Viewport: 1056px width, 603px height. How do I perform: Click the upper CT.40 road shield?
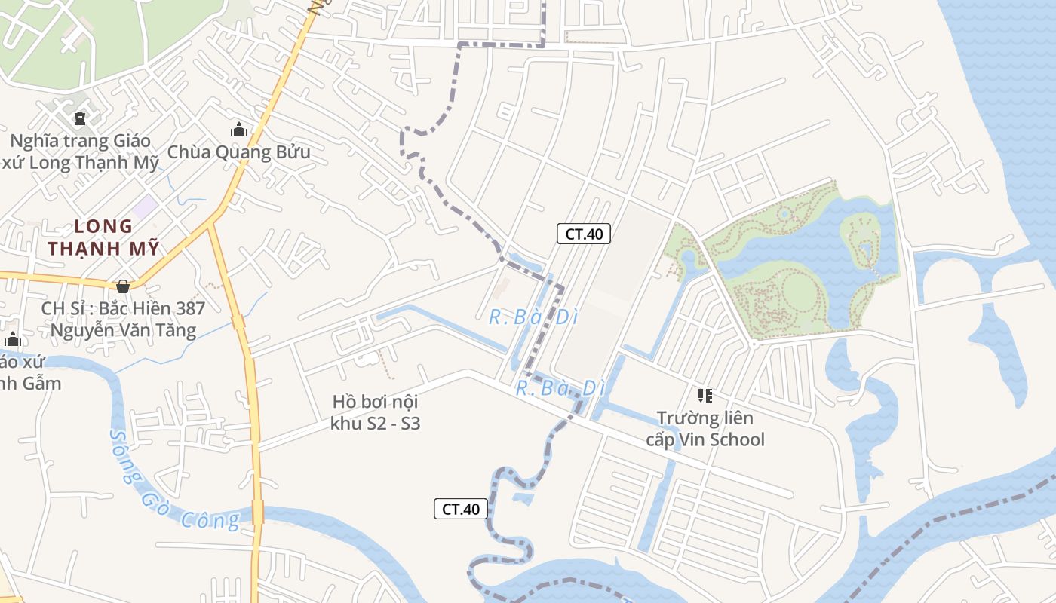click(584, 234)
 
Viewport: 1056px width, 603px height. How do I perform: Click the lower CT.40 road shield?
click(460, 509)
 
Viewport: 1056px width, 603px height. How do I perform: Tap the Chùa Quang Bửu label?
click(238, 152)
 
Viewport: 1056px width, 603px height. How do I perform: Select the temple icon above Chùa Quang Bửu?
click(239, 130)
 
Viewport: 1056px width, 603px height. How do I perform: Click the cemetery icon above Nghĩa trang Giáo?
click(80, 118)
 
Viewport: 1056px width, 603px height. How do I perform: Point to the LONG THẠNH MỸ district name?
click(104, 237)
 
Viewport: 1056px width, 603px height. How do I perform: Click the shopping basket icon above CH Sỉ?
click(122, 286)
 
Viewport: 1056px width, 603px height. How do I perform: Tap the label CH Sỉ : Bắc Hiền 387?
click(123, 308)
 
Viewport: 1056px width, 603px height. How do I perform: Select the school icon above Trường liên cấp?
click(705, 396)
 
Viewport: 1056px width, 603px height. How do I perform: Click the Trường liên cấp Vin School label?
click(705, 429)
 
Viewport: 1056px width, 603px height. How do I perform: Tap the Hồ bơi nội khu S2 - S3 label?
click(375, 412)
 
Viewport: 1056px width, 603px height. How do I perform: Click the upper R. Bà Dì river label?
click(533, 317)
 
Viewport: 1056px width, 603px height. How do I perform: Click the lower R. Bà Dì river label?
click(560, 389)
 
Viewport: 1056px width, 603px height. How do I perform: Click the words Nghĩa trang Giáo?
click(80, 141)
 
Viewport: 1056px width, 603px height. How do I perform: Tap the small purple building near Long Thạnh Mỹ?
click(146, 206)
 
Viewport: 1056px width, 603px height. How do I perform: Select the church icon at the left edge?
click(12, 340)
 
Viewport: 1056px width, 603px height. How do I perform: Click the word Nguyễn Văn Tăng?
click(123, 330)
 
